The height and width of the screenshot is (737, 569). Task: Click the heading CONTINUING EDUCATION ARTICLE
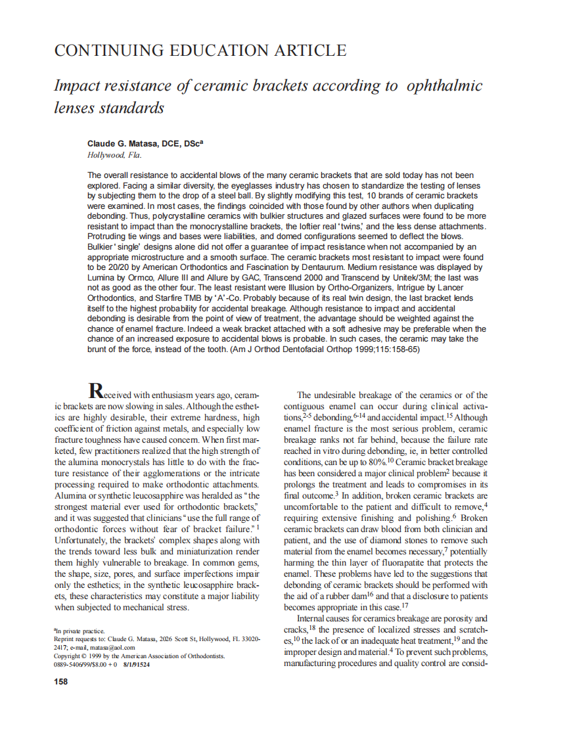pos(200,50)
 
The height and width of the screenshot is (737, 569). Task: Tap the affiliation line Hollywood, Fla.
pos(114,155)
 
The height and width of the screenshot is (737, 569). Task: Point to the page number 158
pos(60,681)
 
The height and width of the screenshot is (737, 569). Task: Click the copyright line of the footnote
pos(139,656)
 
